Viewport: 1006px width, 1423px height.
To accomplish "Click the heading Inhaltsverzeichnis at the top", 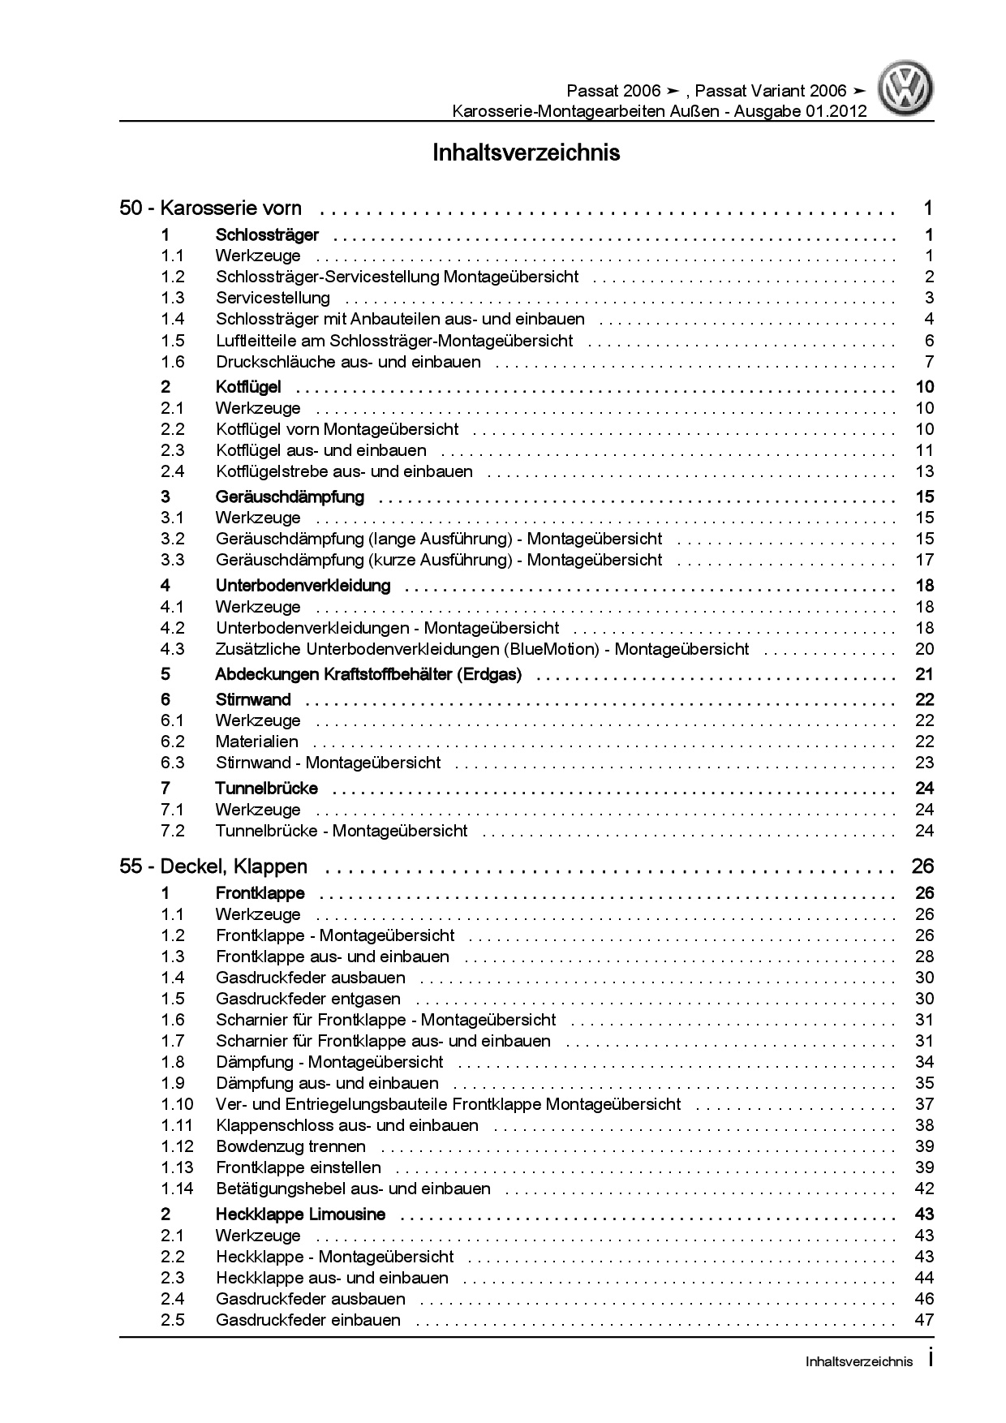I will click(x=527, y=153).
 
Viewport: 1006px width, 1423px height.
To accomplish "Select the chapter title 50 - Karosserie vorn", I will click(x=211, y=209).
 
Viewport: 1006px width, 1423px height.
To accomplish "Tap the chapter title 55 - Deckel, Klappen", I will click(x=213, y=866).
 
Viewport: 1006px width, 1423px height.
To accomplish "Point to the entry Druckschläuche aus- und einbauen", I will click(x=348, y=362).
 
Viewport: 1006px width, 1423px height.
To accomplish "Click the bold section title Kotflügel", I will click(x=248, y=387).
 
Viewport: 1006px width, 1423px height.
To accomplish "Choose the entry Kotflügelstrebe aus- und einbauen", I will click(x=344, y=471).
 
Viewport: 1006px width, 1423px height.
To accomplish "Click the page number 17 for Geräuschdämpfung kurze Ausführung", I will click(x=924, y=560).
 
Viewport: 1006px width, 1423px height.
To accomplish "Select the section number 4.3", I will click(x=172, y=649).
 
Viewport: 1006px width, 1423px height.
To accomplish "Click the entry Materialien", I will click(x=256, y=742).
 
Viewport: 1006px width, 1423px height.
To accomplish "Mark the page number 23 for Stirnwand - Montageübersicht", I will click(x=924, y=763).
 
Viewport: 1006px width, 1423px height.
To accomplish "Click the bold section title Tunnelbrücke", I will click(x=266, y=789).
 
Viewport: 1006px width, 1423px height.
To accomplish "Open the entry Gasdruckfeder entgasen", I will click(x=308, y=999).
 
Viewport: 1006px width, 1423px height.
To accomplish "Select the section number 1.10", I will click(x=177, y=1104).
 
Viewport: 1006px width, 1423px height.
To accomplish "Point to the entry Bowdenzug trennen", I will click(x=290, y=1146).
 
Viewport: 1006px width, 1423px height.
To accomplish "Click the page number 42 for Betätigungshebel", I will click(x=924, y=1189).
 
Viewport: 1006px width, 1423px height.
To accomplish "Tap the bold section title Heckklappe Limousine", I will click(x=300, y=1214).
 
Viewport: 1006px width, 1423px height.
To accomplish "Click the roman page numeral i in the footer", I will click(x=930, y=1361).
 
